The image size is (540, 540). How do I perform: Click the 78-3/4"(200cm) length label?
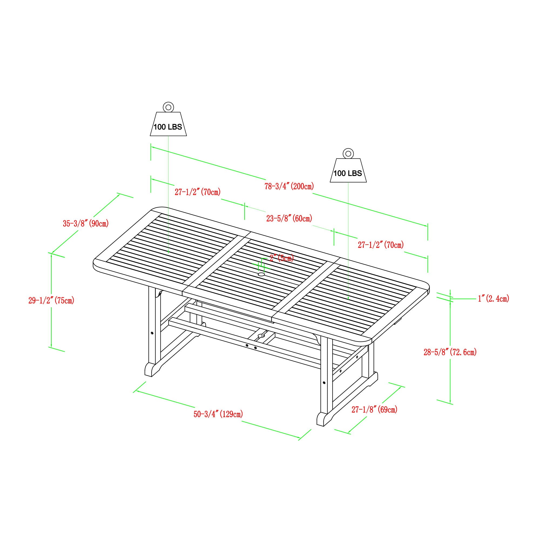pyautogui.click(x=289, y=186)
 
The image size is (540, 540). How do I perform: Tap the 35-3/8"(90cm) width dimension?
pyautogui.click(x=86, y=224)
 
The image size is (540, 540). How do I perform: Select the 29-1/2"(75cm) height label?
pyautogui.click(x=51, y=301)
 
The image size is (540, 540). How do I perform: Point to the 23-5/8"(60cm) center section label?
pyautogui.click(x=289, y=218)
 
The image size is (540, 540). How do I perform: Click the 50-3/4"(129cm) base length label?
pyautogui.click(x=218, y=414)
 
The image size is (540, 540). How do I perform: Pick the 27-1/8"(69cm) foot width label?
pyautogui.click(x=374, y=410)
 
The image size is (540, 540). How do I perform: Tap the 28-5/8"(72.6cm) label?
pyautogui.click(x=450, y=352)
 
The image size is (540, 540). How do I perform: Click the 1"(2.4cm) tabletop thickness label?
pyautogui.click(x=493, y=299)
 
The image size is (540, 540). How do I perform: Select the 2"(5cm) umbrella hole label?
pyautogui.click(x=281, y=258)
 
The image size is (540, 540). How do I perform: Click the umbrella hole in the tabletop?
pyautogui.click(x=261, y=275)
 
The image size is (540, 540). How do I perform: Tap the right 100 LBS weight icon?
pyautogui.click(x=348, y=171)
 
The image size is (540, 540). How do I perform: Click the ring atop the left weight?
pyautogui.click(x=168, y=107)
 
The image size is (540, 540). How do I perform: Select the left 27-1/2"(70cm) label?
pyautogui.click(x=198, y=192)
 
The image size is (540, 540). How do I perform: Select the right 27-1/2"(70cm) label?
pyautogui.click(x=381, y=245)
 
